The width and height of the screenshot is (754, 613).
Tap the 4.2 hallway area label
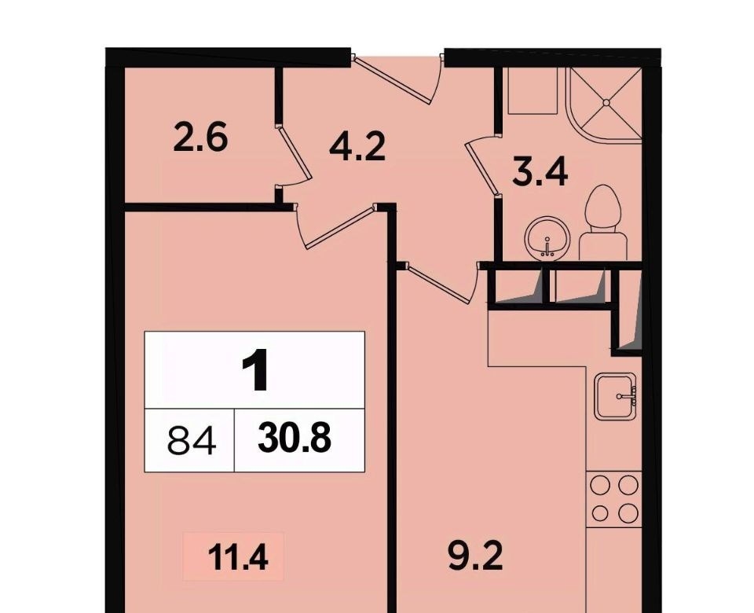point(357,146)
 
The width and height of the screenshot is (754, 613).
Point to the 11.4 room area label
point(237,558)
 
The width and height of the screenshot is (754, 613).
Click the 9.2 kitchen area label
point(476,556)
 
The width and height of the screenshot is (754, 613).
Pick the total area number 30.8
point(295,439)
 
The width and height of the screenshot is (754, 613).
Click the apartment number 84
point(192,441)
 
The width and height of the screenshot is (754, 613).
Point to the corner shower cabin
point(605,104)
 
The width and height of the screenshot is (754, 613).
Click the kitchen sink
point(617,396)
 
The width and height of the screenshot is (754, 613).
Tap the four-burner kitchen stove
point(614,499)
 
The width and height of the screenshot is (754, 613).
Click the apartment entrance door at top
point(397,79)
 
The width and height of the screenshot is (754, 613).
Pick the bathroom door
point(481,167)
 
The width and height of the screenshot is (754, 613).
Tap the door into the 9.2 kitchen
point(441,283)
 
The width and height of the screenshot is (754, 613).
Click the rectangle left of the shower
point(533,90)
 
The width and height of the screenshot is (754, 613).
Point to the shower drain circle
point(606,102)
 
